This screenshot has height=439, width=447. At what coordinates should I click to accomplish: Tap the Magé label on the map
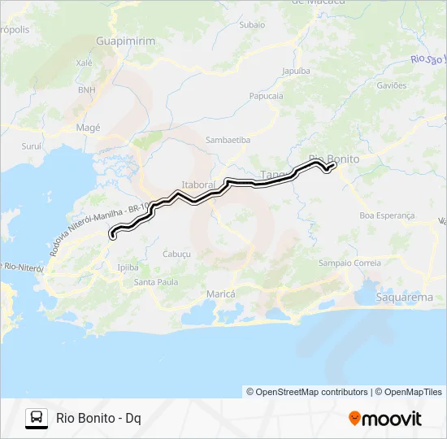[88, 128]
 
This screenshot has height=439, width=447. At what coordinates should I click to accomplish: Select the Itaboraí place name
[198, 185]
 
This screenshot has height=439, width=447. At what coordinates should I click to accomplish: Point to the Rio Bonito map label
[334, 159]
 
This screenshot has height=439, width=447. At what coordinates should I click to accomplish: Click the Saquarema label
[405, 298]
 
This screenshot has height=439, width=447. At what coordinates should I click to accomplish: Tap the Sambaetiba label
[228, 140]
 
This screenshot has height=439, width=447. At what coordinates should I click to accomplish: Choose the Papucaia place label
[266, 95]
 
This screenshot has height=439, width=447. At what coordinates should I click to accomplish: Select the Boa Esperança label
[387, 215]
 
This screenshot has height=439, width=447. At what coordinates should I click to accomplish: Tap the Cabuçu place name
[176, 254]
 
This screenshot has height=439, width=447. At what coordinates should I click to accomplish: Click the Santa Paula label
[156, 282]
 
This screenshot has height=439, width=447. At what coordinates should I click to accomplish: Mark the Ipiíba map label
[128, 267]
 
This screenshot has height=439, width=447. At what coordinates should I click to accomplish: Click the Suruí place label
[31, 147]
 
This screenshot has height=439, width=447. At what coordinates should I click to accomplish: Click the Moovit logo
[385, 419]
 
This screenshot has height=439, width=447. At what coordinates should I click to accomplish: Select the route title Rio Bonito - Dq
[98, 419]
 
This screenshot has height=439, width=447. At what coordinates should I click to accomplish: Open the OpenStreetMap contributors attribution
[306, 392]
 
